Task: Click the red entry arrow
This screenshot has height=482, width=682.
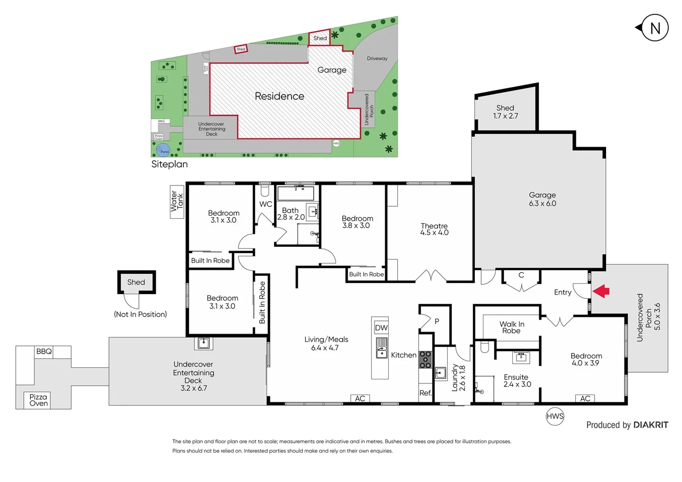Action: [601, 291]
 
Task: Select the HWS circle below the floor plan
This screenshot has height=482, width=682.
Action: [555, 416]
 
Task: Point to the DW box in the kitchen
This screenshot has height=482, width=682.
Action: [381, 328]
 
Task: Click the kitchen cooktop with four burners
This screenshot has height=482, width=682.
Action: [425, 360]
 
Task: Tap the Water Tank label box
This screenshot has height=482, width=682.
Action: [177, 202]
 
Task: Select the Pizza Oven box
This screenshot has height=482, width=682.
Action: [38, 400]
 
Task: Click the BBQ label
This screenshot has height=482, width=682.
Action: [44, 352]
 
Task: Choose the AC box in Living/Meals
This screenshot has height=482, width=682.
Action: [360, 399]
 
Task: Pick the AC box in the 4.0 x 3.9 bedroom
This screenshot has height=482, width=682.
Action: [585, 399]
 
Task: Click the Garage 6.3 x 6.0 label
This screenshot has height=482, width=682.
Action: [542, 199]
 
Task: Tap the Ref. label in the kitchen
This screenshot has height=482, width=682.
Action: [425, 393]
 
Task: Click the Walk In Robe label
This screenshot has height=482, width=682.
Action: [511, 327]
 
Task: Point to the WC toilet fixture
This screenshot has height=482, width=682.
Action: [265, 191]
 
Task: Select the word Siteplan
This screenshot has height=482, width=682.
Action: [169, 164]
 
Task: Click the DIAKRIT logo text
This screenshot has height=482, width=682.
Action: [650, 425]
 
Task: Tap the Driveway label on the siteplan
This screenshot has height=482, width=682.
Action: [377, 58]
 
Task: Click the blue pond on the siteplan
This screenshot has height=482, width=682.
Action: [163, 150]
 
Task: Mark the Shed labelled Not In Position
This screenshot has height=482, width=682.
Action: [136, 283]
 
